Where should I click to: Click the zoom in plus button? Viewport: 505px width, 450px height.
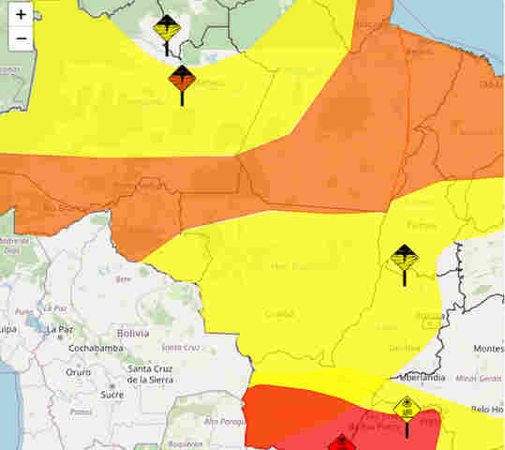[21, 15]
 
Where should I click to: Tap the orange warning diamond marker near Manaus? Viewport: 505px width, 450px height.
[182, 78]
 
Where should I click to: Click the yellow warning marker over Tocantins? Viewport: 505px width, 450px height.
[404, 258]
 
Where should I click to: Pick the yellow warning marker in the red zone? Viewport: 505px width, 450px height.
[407, 409]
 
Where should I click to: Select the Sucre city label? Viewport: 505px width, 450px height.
[111, 395]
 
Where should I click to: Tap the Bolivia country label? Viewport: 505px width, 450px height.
[133, 333]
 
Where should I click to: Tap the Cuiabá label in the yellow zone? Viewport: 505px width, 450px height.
[278, 314]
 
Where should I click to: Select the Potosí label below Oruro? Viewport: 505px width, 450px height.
[81, 411]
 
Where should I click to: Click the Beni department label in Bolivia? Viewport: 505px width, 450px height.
[123, 279]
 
